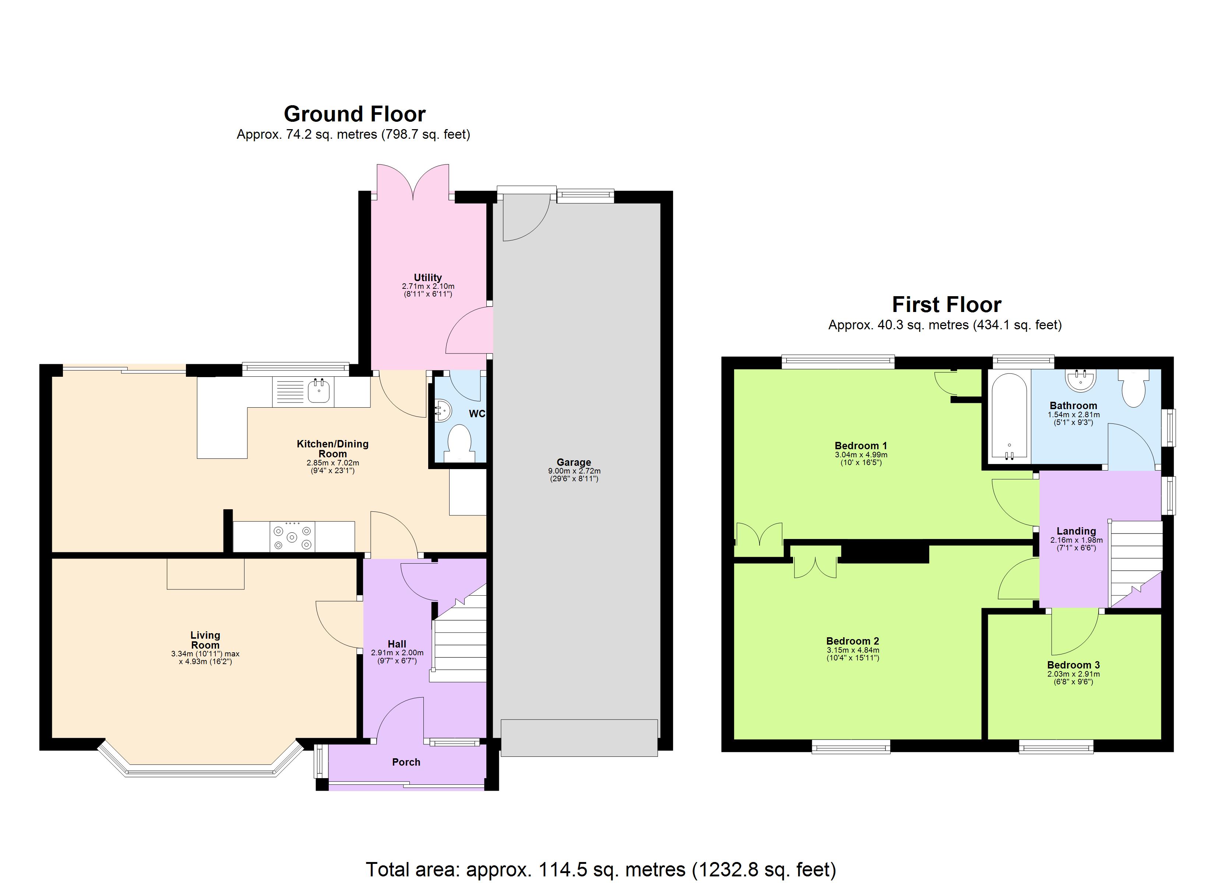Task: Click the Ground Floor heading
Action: coord(354,114)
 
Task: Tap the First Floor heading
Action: coord(946,305)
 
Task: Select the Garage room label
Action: coord(574,462)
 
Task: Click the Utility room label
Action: coord(427,277)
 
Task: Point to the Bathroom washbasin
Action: coord(1081,380)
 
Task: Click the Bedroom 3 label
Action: coord(1073,665)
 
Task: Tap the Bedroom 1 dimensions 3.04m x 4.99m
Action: coord(861,455)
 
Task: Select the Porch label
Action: coord(406,762)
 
